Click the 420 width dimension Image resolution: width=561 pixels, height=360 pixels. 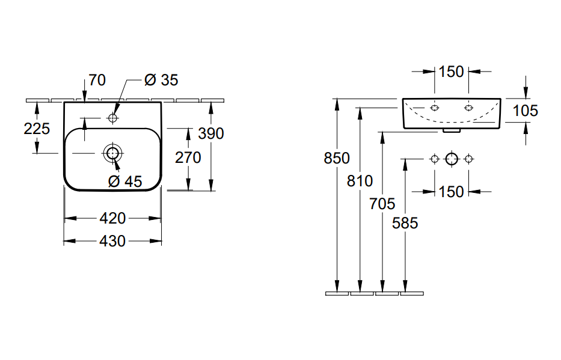[x=112, y=218]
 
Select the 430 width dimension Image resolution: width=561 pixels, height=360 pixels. [x=112, y=242]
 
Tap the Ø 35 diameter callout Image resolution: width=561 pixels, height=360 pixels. [x=161, y=80]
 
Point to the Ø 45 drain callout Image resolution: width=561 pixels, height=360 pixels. [x=125, y=182]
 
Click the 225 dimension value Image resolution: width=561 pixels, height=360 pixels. [x=37, y=129]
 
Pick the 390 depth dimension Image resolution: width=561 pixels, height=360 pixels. [x=211, y=133]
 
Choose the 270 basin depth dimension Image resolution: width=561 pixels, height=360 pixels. [x=188, y=157]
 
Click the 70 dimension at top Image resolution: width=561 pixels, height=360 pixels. [x=97, y=80]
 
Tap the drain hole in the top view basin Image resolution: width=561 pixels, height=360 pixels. [x=112, y=153]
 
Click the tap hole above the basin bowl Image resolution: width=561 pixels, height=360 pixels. [x=112, y=118]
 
